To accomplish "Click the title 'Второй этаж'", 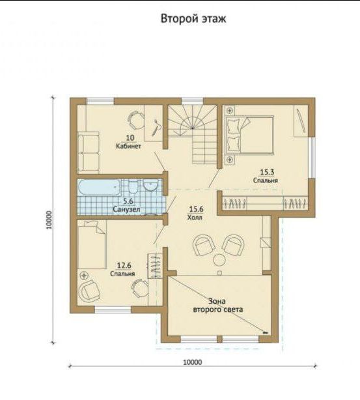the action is (193, 19).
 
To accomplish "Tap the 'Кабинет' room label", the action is (128, 147).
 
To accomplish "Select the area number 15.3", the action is (267, 172).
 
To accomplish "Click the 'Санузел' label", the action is (126, 209).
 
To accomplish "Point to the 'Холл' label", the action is (195, 218).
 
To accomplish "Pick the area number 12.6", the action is (124, 266).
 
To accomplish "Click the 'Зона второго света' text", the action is (217, 306).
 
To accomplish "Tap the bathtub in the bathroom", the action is (99, 188).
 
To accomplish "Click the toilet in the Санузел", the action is (133, 186).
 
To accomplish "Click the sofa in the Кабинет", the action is (89, 152).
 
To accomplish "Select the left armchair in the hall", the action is (204, 245).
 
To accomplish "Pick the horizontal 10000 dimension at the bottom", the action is (193, 366).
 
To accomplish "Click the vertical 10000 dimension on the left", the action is (53, 220).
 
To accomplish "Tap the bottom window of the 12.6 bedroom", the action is (113, 310).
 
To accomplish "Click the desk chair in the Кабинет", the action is (135, 120).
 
